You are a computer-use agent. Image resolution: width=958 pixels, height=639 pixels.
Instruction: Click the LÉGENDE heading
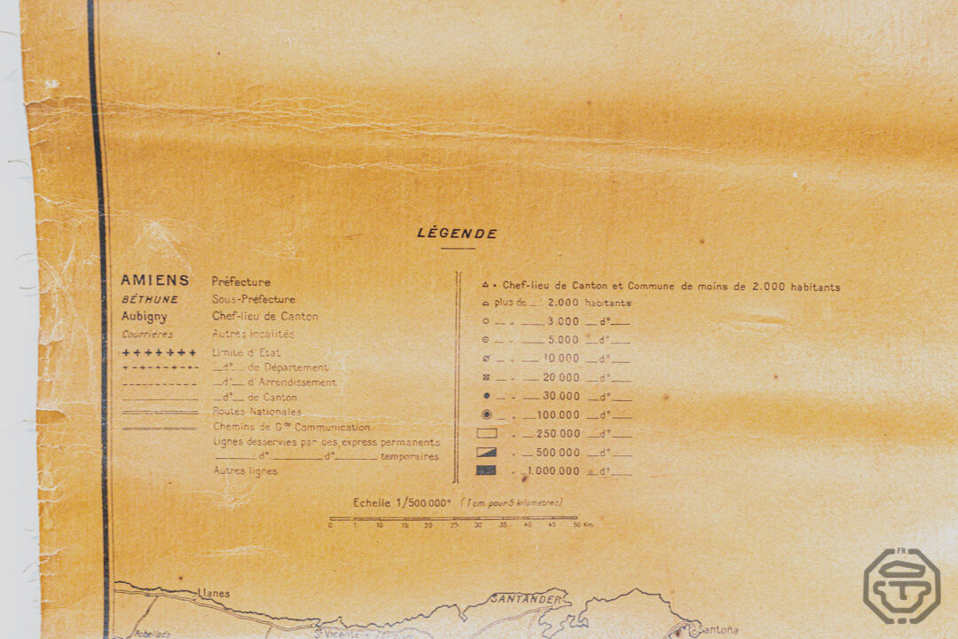click(457, 233)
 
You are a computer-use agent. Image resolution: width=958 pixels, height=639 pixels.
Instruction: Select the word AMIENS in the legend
click(155, 280)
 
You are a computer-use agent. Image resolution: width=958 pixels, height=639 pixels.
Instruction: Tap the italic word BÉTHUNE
click(150, 299)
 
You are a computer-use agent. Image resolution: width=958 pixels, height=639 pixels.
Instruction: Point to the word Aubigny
click(144, 316)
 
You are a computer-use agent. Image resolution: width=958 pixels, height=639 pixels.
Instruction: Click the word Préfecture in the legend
click(241, 281)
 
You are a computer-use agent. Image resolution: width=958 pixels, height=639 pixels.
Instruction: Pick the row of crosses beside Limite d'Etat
click(159, 352)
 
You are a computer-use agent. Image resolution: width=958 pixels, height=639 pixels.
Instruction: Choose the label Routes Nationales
click(256, 412)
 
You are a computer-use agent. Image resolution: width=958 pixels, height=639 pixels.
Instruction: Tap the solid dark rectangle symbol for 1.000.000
click(485, 470)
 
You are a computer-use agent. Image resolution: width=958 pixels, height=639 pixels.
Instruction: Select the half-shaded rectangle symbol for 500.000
click(485, 452)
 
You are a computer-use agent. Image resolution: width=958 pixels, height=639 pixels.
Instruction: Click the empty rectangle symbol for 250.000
click(485, 433)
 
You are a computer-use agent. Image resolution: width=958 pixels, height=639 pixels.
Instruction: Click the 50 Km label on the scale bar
click(583, 525)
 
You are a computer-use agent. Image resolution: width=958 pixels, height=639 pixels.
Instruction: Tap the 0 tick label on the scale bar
click(330, 525)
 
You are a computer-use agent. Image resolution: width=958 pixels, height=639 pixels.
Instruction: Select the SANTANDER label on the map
click(527, 599)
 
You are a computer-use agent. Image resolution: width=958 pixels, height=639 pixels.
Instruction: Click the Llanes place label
click(213, 593)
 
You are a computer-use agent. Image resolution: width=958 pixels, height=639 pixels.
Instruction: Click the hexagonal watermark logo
click(902, 585)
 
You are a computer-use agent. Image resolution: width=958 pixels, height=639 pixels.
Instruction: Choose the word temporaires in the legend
click(410, 456)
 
